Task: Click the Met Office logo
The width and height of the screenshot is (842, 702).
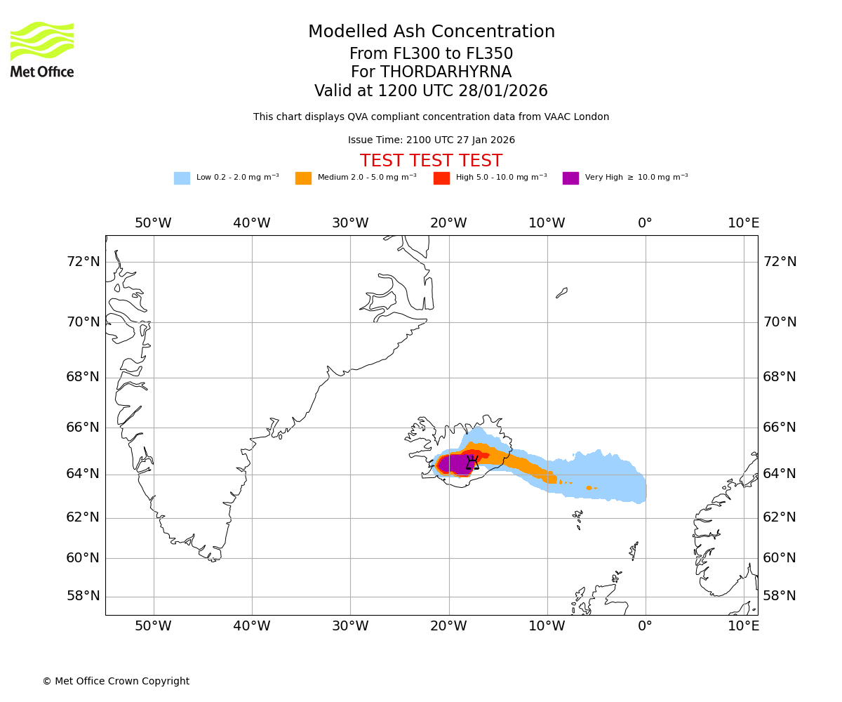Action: tap(42, 49)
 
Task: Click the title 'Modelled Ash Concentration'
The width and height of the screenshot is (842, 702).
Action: tap(432, 32)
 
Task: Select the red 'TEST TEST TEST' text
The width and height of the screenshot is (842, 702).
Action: tap(431, 161)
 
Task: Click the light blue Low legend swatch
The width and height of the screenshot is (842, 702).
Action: tap(182, 178)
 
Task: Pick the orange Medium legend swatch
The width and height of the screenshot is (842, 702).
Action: tap(303, 178)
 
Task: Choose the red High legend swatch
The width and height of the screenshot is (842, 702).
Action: tap(441, 178)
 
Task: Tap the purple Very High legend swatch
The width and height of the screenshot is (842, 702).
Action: tap(570, 178)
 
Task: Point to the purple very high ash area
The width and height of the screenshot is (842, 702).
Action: tap(455, 464)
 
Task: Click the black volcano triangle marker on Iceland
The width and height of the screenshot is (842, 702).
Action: tap(473, 463)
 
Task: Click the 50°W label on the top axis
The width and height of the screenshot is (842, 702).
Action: tap(153, 223)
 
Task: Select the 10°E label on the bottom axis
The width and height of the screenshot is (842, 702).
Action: tap(743, 625)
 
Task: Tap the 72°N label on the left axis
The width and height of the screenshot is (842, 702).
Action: tap(83, 262)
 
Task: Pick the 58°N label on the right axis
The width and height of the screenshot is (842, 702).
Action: tap(780, 596)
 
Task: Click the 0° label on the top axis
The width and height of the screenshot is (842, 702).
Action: tap(645, 223)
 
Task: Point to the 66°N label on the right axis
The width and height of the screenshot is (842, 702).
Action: tap(780, 428)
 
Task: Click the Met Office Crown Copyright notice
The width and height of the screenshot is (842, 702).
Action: tap(116, 681)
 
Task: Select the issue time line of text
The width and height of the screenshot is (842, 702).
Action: tap(431, 140)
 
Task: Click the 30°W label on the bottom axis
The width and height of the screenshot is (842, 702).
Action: tap(350, 625)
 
